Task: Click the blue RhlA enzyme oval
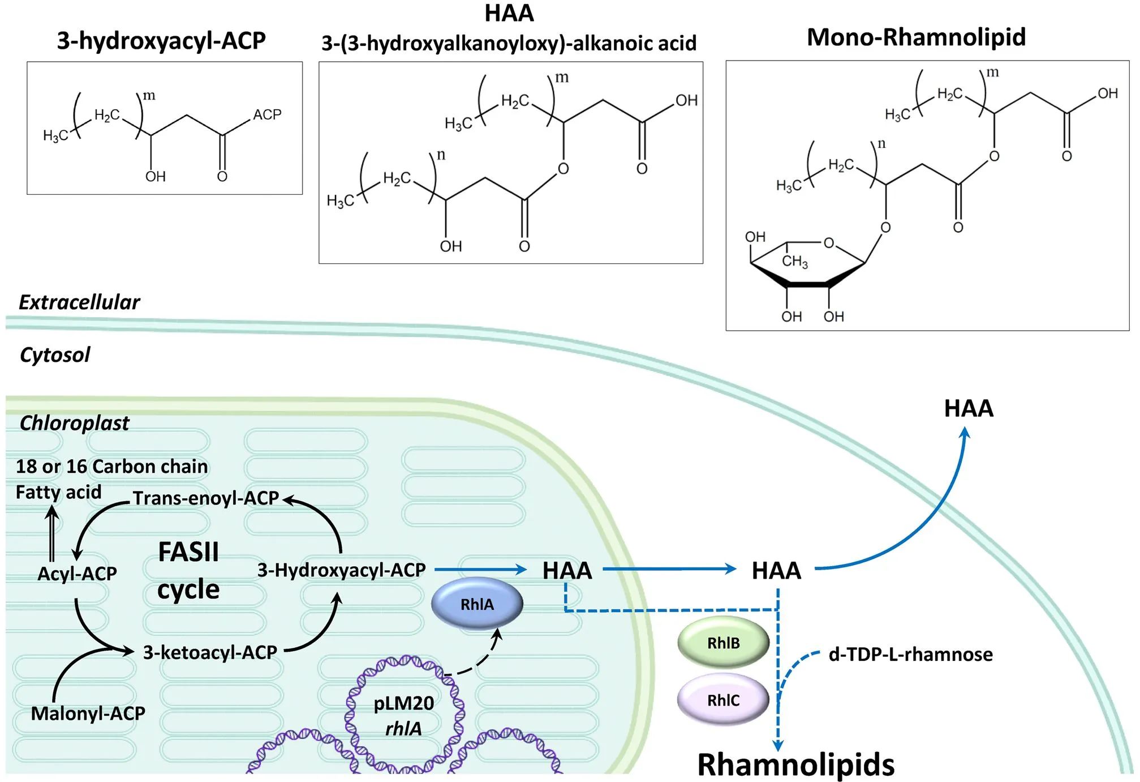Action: tap(477, 604)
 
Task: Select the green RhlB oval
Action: tap(723, 643)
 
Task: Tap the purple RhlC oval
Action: tap(723, 700)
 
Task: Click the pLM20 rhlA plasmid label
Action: tap(404, 716)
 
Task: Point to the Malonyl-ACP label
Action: tap(88, 713)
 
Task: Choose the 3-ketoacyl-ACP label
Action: tap(210, 652)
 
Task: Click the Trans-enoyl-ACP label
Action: tap(206, 498)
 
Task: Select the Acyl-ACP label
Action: tap(77, 574)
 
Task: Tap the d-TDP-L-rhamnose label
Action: tap(910, 655)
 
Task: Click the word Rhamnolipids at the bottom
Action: tap(795, 764)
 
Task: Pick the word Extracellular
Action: tap(79, 302)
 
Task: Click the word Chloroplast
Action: tap(74, 423)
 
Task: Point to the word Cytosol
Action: tap(55, 355)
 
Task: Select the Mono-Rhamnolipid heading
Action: tap(916, 37)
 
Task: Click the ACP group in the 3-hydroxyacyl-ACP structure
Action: tap(267, 115)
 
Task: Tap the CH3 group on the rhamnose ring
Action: tap(795, 261)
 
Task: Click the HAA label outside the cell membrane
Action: tap(969, 409)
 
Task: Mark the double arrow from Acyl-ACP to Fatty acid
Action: tap(52, 533)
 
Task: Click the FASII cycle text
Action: tap(188, 571)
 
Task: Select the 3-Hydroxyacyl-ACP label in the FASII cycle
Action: tap(341, 570)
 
